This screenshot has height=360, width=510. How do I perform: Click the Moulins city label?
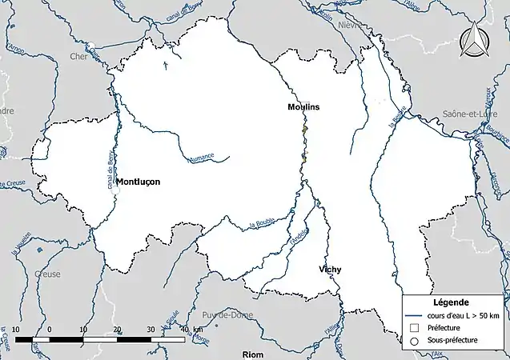[304, 106]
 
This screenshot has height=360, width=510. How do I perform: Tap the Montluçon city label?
[139, 182]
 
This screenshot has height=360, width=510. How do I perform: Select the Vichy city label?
[329, 269]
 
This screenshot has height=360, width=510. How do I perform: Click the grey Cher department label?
[78, 57]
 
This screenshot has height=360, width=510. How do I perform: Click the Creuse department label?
[48, 274]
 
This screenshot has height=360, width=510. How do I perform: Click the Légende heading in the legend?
[452, 302]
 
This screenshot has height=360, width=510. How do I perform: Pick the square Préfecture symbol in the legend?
[415, 328]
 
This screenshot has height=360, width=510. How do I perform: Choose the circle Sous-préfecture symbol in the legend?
[415, 341]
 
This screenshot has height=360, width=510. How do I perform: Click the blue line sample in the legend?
[415, 315]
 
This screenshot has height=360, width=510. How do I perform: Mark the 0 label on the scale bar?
[50, 330]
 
